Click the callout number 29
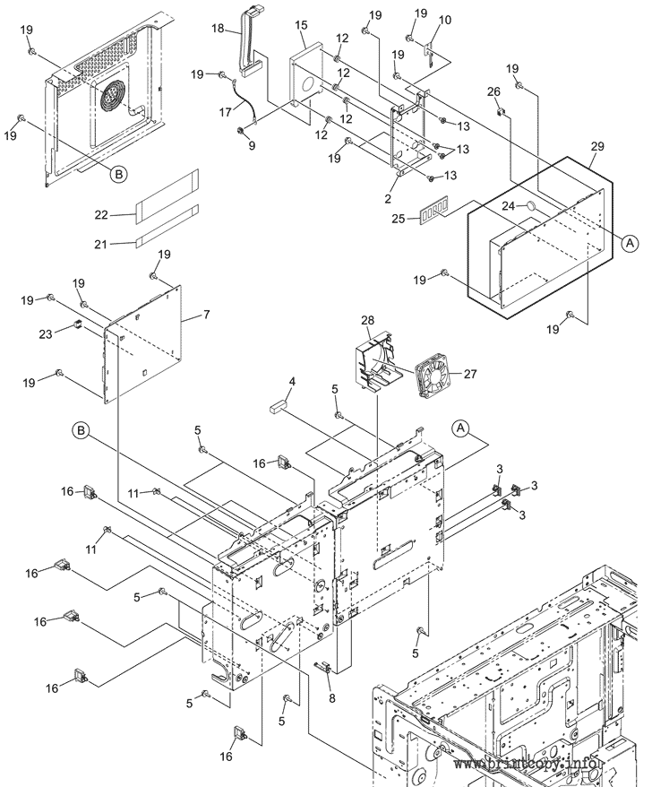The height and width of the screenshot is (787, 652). (597, 147)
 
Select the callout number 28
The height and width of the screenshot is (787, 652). (367, 320)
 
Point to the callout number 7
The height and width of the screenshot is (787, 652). (206, 315)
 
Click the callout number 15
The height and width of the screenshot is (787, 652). (301, 25)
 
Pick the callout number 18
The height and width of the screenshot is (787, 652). (218, 28)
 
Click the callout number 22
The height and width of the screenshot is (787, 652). (101, 215)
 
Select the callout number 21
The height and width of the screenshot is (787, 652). (101, 244)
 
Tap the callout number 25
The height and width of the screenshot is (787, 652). (399, 220)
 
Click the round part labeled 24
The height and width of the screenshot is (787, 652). (532, 206)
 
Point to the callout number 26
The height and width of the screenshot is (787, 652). (494, 91)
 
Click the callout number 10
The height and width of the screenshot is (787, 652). (445, 20)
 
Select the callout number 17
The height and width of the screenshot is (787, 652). (226, 112)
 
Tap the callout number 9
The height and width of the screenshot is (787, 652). (252, 145)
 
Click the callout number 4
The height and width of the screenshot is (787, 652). (292, 382)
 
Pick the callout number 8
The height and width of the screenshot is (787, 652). (332, 697)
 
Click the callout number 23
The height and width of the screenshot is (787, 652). (46, 333)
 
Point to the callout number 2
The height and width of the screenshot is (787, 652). (388, 199)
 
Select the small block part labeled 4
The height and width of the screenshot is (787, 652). (278, 404)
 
